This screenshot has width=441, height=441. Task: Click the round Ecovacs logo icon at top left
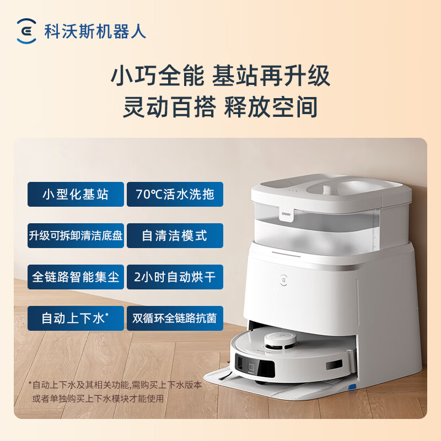coord(26,31)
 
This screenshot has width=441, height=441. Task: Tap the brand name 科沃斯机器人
coord(95,31)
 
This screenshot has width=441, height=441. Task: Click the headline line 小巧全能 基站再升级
coord(220,76)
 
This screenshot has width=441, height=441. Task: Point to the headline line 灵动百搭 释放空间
coord(220,107)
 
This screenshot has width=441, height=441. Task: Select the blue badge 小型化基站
coord(76,195)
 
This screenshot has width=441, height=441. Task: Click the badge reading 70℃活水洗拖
coord(175,195)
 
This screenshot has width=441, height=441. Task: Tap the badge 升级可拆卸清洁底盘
coord(76,236)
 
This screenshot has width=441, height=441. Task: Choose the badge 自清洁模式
coord(175,236)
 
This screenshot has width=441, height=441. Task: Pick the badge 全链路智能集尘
coord(76,277)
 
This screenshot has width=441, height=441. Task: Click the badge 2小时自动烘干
coord(175,277)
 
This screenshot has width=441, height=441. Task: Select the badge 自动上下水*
coord(76,319)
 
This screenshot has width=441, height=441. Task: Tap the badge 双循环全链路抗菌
coord(175,319)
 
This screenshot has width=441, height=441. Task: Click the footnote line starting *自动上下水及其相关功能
coord(115,385)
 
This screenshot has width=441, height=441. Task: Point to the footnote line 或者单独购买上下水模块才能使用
coord(98,398)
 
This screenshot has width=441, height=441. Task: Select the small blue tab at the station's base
coord(352,387)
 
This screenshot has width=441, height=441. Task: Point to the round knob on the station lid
coord(327,189)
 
